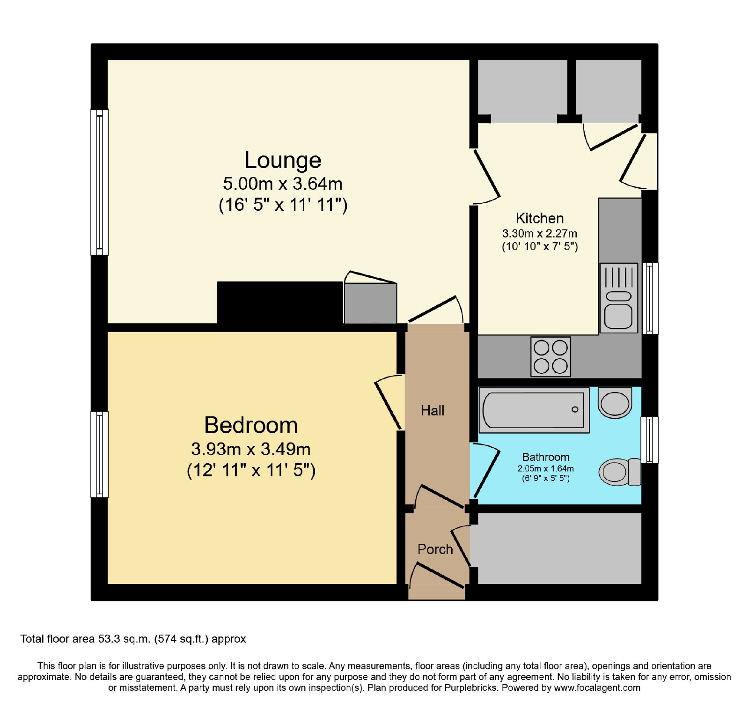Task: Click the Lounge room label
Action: click(283, 161)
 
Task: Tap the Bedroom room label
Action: click(251, 425)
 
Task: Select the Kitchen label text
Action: click(539, 218)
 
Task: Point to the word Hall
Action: click(433, 411)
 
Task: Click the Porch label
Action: click(435, 549)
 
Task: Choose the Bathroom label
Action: click(545, 457)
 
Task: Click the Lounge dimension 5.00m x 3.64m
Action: click(283, 184)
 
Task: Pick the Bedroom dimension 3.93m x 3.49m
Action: click(251, 449)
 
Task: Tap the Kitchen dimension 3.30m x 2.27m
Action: click(539, 233)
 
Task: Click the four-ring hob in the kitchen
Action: click(551, 356)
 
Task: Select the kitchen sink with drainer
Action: click(618, 298)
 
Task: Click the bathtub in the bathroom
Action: click(534, 410)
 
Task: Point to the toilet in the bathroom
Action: click(620, 472)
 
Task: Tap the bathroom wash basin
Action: click(615, 403)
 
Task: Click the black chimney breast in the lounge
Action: click(280, 303)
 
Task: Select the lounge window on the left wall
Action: click(99, 182)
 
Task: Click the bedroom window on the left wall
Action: click(99, 454)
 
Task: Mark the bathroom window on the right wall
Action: click(649, 440)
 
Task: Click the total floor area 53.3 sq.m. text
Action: click(133, 639)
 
